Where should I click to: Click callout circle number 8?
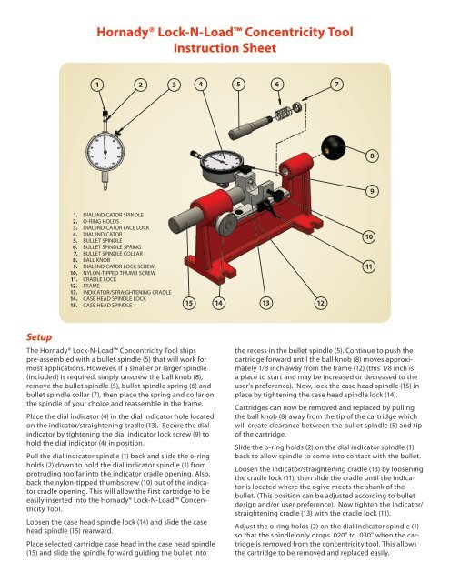point(372,156)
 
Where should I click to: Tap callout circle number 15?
point(189,303)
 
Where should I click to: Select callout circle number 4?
point(201,85)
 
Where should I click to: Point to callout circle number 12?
point(321,303)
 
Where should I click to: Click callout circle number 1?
point(97,85)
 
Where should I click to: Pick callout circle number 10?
point(369,236)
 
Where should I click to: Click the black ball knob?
point(333,147)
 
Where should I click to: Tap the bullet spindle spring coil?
point(283,113)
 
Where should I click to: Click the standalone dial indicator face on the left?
point(105,152)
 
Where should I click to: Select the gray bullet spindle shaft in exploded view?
point(250,128)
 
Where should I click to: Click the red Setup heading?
point(39,337)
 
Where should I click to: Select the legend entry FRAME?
point(91,286)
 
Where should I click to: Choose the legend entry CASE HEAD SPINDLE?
point(107,306)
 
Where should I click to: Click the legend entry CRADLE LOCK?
point(99,279)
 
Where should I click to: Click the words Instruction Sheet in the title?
point(225,48)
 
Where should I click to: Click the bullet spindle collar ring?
point(296,107)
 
